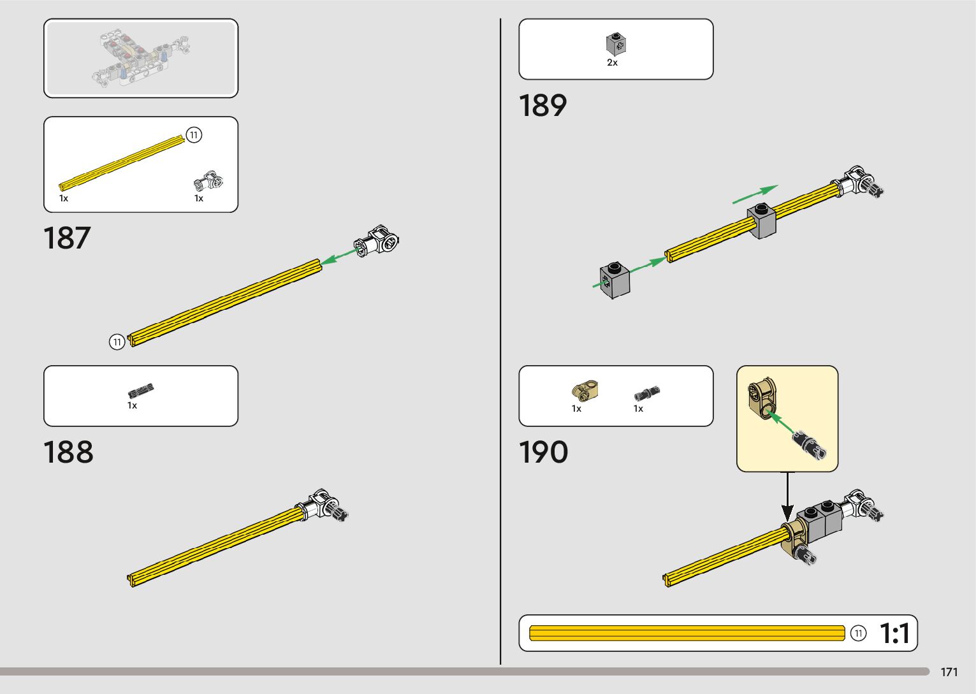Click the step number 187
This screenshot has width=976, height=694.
[x=67, y=238]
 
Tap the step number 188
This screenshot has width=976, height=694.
[x=68, y=452]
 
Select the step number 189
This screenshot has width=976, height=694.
[x=543, y=106]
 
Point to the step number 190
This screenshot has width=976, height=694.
[x=543, y=452]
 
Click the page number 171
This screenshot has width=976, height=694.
[x=949, y=672]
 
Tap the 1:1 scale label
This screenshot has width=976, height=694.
[x=895, y=633]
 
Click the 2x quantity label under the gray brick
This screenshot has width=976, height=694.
[x=612, y=63]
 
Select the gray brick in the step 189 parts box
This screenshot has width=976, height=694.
[x=615, y=43]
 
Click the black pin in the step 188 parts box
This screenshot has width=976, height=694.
[x=140, y=391]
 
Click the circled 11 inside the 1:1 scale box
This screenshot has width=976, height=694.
[x=859, y=633]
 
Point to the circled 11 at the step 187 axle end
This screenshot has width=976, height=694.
[x=117, y=342]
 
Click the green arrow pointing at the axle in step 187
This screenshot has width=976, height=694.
[x=338, y=257]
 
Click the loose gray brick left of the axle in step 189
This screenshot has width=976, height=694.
[x=615, y=280]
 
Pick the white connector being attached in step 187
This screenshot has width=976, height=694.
[x=377, y=242]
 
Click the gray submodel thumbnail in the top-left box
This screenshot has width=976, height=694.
[x=141, y=59]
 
